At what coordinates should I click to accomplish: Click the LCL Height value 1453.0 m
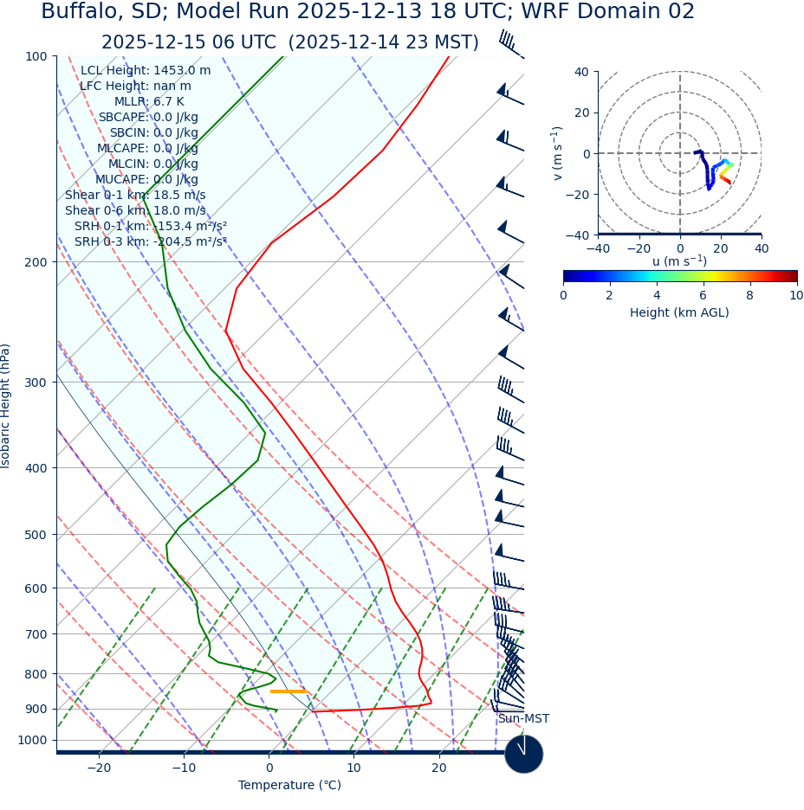182,71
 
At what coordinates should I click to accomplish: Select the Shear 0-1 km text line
135,196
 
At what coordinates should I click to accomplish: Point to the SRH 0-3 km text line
150,242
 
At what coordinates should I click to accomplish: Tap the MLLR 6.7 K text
149,102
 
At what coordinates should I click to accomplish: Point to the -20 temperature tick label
99,768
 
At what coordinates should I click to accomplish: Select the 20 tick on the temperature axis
439,768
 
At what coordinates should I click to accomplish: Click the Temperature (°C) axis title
289,786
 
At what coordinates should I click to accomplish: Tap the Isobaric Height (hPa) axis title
6,406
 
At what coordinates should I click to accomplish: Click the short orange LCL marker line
288,691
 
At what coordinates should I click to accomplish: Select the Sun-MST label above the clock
523,719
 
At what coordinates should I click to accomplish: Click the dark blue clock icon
523,754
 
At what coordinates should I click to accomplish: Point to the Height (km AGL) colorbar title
679,312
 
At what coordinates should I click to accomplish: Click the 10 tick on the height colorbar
796,295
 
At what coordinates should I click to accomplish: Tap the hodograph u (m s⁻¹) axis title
679,261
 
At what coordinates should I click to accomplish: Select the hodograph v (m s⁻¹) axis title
557,153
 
